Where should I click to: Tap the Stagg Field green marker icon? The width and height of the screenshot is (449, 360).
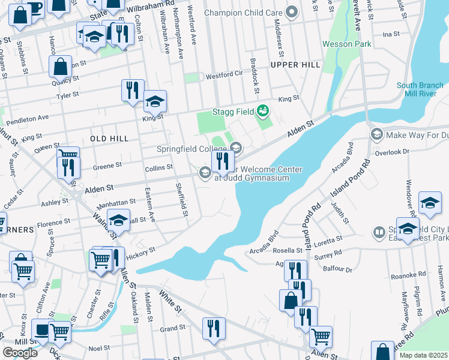(262, 111)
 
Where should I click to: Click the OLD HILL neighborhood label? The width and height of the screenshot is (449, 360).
(109, 139)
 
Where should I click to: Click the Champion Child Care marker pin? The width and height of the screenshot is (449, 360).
(292, 12)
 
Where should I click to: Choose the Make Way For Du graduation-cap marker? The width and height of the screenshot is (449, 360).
(376, 135)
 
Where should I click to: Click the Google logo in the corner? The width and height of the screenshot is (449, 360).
(20, 353)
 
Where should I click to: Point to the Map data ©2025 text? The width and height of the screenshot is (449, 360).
(424, 355)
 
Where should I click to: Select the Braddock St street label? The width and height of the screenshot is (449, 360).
(256, 85)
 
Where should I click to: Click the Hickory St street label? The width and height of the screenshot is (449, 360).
(140, 250)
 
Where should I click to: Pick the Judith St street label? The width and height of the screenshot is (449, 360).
(340, 213)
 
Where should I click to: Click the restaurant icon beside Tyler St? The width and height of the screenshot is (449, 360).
(131, 90)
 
